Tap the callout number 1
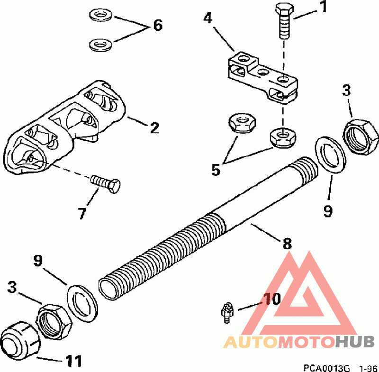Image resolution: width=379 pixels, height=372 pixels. point(323,8)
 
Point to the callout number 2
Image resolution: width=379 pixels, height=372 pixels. point(154,128)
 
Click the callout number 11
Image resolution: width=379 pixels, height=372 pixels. point(72,361)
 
